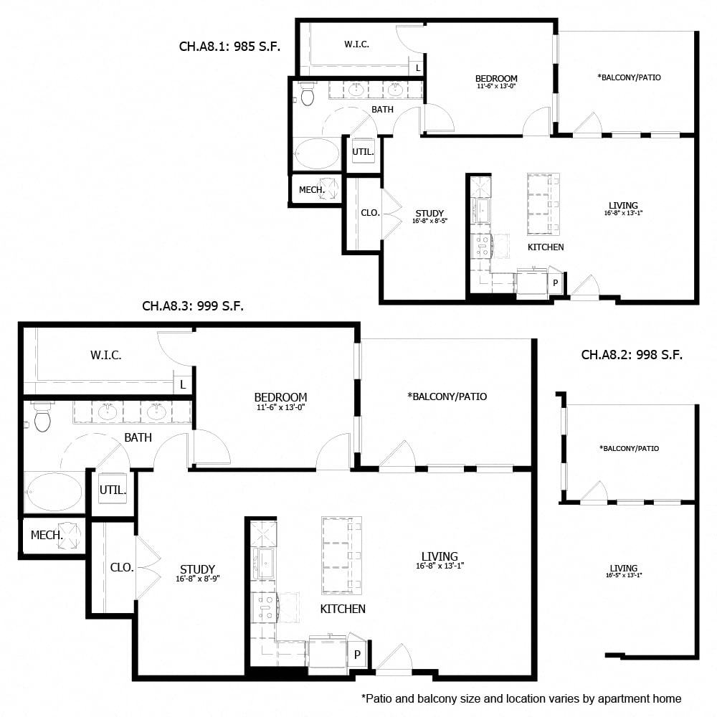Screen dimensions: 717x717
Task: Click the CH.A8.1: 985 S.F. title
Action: pos(229,47)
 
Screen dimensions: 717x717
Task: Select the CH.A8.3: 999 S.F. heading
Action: pos(193,306)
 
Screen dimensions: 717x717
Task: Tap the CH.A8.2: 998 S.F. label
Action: pos(631,354)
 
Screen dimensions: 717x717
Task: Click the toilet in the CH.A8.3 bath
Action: pos(42,417)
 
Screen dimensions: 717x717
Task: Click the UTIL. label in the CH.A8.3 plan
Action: pos(113,491)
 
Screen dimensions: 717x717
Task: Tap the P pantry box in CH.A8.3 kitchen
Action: pos(357,654)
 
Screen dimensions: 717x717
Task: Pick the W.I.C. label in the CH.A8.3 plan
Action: pos(105,355)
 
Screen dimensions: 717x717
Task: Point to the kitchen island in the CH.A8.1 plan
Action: pos(543,204)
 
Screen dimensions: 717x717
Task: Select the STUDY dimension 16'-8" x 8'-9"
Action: pos(198,579)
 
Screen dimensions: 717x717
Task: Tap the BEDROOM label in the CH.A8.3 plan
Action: pos(280,397)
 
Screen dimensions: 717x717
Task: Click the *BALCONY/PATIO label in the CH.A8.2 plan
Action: pos(629,448)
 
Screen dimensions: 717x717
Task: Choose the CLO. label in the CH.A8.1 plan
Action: pos(370,213)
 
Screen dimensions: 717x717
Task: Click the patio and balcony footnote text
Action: pos(521,698)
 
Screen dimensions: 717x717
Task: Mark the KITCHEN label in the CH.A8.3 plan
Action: pos(342,609)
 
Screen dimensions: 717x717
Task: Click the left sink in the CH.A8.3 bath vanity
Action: pos(108,412)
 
